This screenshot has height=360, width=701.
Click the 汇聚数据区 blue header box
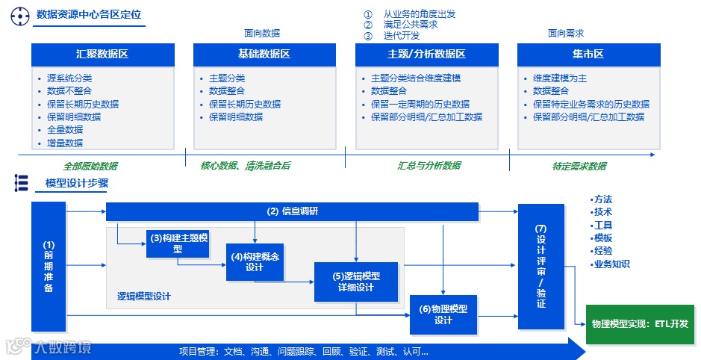click(103, 55)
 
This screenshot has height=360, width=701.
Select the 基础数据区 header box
click(264, 55)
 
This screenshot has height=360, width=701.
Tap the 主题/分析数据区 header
click(426, 55)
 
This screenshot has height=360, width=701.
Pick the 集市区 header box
click(588, 55)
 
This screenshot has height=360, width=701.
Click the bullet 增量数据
click(65, 143)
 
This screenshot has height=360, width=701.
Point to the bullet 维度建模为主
click(560, 78)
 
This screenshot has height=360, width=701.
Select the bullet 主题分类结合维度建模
click(416, 78)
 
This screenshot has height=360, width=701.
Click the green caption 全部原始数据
click(90, 166)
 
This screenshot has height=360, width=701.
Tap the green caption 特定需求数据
click(579, 166)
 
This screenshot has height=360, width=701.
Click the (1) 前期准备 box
click(49, 266)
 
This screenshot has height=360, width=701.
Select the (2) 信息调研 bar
click(292, 211)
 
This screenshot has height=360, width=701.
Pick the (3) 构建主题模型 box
click(178, 243)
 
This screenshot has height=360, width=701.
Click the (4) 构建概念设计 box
click(255, 262)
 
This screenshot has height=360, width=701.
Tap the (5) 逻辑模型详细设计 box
click(355, 282)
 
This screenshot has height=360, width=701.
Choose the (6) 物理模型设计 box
click(443, 314)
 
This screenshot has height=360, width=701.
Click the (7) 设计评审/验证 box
click(541, 266)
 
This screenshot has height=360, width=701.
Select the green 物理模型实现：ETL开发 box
click(639, 324)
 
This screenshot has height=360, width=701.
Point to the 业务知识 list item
click(611, 264)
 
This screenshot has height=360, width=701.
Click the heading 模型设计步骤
click(77, 184)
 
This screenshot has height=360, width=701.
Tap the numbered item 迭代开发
click(402, 35)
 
